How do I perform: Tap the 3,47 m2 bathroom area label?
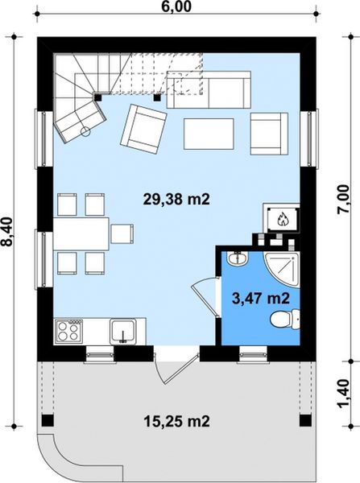tap(260, 298)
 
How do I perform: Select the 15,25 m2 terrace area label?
tap(176, 420)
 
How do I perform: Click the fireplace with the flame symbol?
tap(282, 217)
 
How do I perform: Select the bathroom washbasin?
tap(237, 259)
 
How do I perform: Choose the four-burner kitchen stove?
tap(68, 330)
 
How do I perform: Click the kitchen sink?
tap(123, 330)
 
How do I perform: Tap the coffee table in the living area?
tap(209, 133)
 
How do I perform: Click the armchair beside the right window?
tap(268, 129)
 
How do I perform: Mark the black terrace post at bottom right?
tap(305, 420)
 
